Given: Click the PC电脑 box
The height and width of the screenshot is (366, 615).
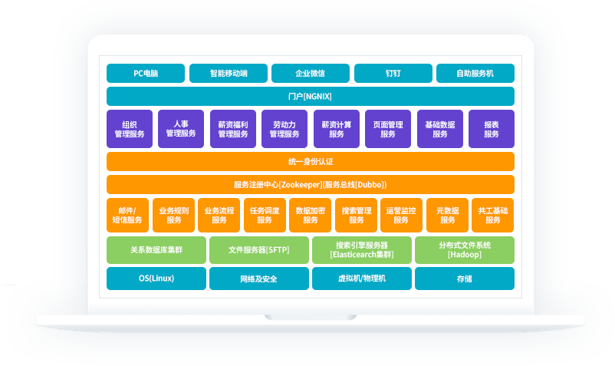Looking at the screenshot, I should pos(146,74).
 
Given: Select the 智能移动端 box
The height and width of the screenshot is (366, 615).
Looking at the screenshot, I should pos(229,74).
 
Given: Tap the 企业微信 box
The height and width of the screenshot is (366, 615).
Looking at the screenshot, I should pos(310,74).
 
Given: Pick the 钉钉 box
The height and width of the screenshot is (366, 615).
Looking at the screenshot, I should pos(393,74).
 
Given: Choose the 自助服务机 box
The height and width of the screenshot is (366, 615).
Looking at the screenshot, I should pos(475,74).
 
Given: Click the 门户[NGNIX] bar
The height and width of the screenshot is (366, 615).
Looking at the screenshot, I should pos(310,97).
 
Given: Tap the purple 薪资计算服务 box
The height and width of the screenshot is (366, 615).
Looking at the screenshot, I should pos(336,129).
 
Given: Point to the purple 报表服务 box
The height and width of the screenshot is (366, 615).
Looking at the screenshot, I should pos(492,129).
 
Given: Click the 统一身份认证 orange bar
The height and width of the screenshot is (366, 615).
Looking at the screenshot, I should pos(310,162).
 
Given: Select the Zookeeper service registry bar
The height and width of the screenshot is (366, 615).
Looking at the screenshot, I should pos(310,185).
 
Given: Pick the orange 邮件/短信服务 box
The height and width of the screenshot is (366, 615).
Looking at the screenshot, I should pos(127,215).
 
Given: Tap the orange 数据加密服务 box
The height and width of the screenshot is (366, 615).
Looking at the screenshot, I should pos(310,215).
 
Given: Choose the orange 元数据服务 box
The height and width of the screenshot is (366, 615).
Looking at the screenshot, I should pos(447,215).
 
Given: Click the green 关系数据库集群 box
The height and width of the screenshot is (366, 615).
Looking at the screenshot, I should pos(156,250).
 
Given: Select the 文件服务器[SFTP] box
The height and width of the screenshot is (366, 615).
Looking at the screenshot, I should pos(259,250).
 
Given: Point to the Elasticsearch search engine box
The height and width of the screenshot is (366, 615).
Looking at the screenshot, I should pos(361,250).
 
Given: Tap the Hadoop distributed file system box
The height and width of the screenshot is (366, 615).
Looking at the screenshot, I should pos(464,250).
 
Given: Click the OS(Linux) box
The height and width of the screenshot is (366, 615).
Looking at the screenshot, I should pos(156,279).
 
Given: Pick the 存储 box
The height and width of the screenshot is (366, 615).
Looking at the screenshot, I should pos(464,279).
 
